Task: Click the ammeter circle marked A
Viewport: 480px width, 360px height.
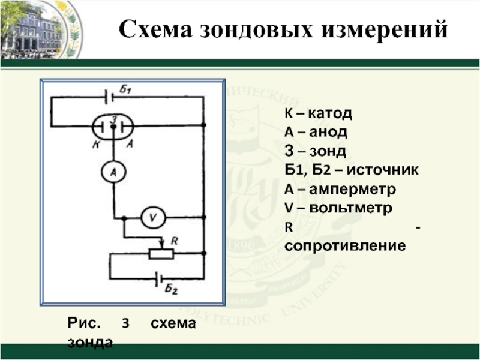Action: click(x=112, y=173)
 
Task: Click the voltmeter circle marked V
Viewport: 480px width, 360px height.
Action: click(x=152, y=218)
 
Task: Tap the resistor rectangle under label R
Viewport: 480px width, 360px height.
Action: click(x=161, y=254)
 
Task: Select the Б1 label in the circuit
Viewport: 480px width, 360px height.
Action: click(x=125, y=91)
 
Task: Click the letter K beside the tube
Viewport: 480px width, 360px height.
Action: click(x=96, y=144)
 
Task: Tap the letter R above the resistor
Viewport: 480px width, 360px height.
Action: click(x=174, y=241)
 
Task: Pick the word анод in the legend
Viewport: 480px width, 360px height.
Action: click(x=328, y=132)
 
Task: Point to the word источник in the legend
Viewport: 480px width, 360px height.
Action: click(x=384, y=170)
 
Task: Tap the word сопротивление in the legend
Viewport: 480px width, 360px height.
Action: click(x=346, y=246)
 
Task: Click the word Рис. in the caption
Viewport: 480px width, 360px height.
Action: click(x=83, y=324)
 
